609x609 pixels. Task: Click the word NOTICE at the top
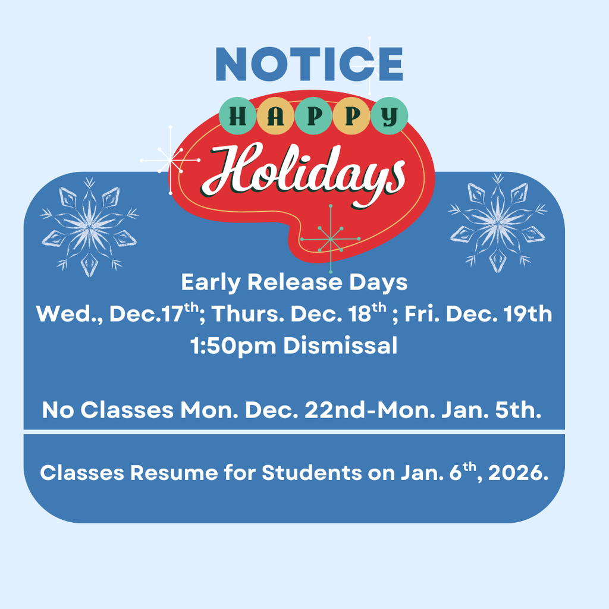pyautogui.click(x=309, y=64)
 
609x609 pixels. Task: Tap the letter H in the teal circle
pyautogui.click(x=238, y=116)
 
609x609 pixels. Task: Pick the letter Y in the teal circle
pyautogui.click(x=390, y=116)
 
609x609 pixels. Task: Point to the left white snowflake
pyautogui.click(x=89, y=227)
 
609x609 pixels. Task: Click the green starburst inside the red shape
pyautogui.click(x=330, y=238)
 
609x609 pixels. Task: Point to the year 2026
pyautogui.click(x=516, y=473)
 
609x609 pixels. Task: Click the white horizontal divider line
pyautogui.click(x=294, y=431)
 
